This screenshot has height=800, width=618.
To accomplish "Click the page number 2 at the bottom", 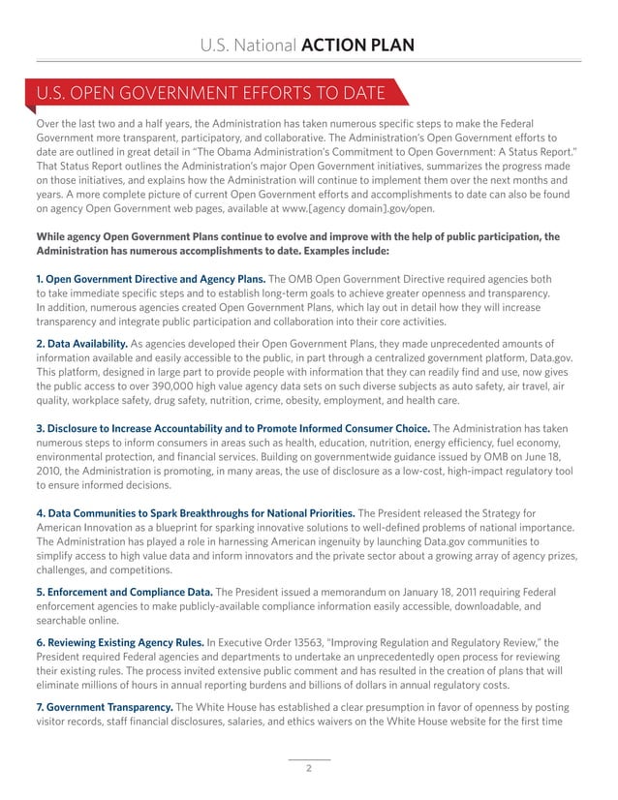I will click(308, 770).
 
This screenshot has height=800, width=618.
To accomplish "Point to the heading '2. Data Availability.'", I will click(81, 344).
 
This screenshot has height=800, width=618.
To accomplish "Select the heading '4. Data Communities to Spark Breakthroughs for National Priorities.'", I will click(195, 512).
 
